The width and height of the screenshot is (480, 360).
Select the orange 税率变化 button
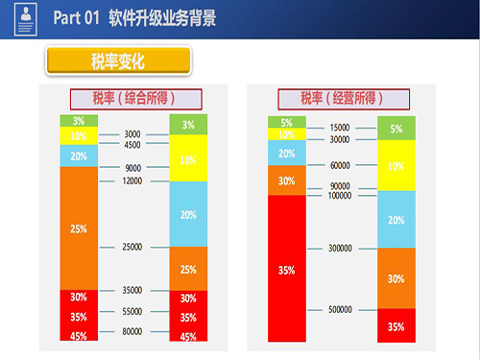[116, 62]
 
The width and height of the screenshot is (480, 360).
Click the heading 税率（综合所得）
[134, 98]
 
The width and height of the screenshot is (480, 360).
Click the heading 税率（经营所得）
[341, 98]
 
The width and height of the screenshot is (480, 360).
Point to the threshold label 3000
[132, 134]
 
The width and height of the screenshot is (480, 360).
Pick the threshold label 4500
[132, 145]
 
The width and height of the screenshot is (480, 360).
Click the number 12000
[132, 180]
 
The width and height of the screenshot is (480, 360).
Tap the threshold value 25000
[132, 247]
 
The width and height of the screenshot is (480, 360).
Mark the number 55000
[132, 312]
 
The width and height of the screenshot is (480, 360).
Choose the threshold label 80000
[132, 331]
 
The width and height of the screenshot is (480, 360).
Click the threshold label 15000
[340, 127]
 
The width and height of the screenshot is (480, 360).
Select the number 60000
[340, 165]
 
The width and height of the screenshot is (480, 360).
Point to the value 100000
[340, 196]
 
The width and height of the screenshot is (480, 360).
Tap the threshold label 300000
[340, 248]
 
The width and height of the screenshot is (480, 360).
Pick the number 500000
[340, 309]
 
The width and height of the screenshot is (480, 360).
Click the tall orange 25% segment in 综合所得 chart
[79, 228]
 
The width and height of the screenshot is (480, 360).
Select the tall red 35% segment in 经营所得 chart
[287, 269]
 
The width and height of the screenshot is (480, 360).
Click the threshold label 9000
[132, 168]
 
